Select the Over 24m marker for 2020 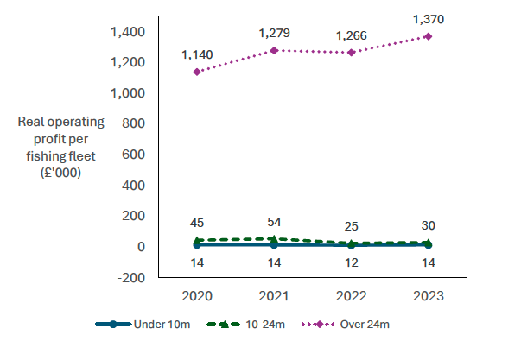[x=198, y=72]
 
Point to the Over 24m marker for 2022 [x=351, y=53]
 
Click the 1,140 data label [x=198, y=54]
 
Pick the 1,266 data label [x=351, y=35]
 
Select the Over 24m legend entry [x=346, y=325]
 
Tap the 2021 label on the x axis [x=275, y=295]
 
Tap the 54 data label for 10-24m [x=275, y=223]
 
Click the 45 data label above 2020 [x=198, y=223]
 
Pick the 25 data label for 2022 [x=351, y=226]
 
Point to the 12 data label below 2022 [x=351, y=262]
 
